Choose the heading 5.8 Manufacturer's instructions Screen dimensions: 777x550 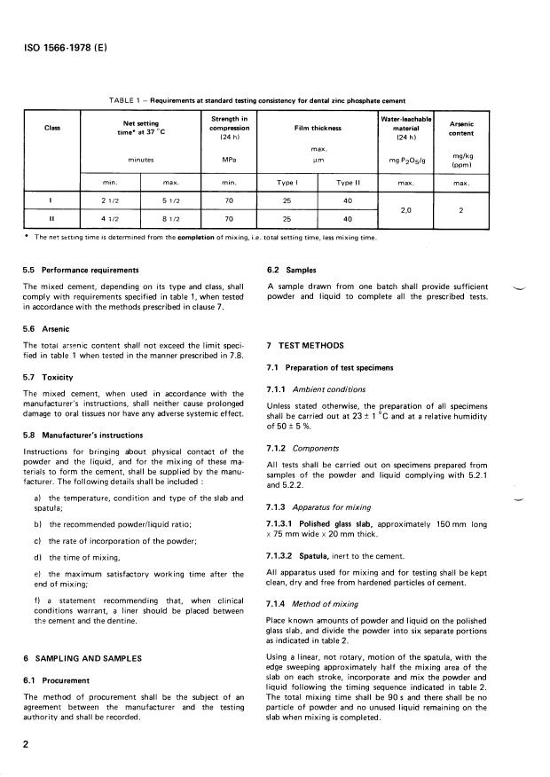coord(82,435)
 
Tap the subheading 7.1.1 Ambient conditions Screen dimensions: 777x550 coord(316,388)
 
